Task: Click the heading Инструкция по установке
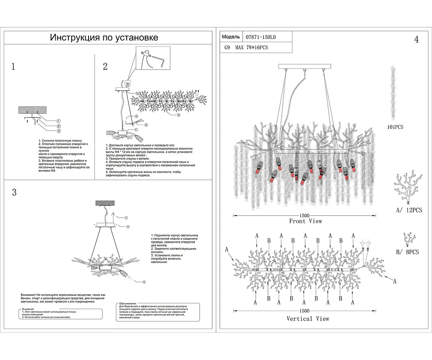(104, 38)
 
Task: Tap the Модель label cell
(231, 37)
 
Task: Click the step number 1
(13, 67)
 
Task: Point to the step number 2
(105, 66)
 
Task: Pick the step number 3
(14, 192)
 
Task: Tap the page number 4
(416, 40)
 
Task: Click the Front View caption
(305, 221)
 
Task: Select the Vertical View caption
(308, 318)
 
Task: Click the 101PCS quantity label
(394, 127)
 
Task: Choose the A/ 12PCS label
(408, 210)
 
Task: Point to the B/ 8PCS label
(407, 252)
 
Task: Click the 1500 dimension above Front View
(305, 215)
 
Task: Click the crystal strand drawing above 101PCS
(394, 93)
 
